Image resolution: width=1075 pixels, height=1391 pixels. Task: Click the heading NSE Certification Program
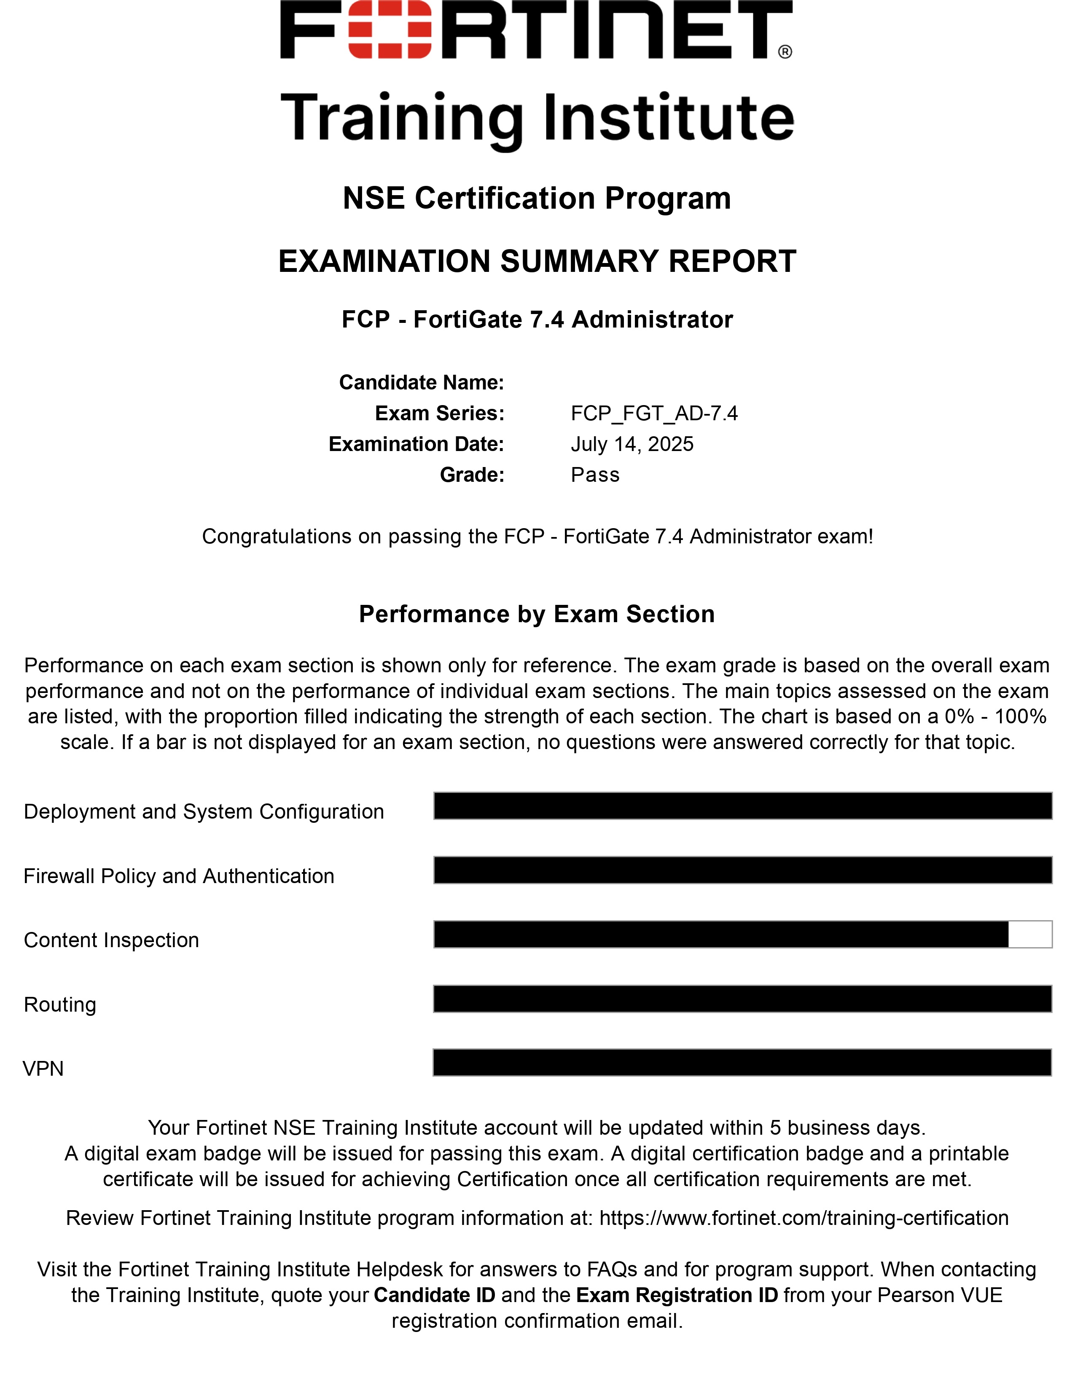[537, 198]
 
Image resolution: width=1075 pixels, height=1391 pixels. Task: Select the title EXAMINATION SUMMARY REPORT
[537, 261]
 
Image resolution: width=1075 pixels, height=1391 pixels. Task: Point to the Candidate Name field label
[421, 382]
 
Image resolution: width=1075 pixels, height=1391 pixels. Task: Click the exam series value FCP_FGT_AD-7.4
[654, 414]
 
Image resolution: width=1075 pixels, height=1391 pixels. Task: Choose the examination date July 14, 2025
[632, 444]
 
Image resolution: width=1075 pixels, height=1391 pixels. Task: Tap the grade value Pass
[595, 475]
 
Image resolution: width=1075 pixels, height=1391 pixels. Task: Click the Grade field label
[471, 475]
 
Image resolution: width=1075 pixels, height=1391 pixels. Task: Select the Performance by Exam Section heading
[537, 614]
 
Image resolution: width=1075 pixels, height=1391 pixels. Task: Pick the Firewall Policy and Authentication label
[179, 876]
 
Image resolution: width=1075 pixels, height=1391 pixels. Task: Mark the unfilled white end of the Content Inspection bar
[1030, 934]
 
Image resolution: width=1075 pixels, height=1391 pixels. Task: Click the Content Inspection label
[111, 940]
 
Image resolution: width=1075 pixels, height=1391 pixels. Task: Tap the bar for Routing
[742, 999]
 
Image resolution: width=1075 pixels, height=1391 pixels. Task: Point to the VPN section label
[43, 1068]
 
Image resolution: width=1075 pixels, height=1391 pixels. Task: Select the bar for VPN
[742, 1062]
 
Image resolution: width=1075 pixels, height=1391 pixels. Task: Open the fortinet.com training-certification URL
[804, 1218]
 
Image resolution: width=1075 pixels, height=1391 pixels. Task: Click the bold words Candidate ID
[434, 1295]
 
